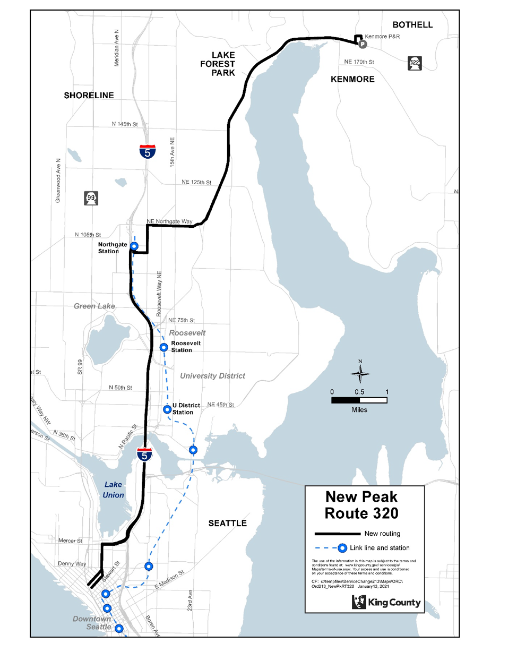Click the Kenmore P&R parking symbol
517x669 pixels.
tap(363, 44)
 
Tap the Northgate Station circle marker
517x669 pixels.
tap(134, 246)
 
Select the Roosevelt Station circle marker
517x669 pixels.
tap(163, 347)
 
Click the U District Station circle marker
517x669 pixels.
tap(167, 409)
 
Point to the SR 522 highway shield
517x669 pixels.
tap(415, 63)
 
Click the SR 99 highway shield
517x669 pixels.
tap(91, 198)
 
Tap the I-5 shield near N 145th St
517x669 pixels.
tap(148, 152)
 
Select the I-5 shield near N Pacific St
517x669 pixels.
tap(144, 454)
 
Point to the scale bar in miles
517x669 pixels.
tap(359, 400)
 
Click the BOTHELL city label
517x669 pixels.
tap(412, 25)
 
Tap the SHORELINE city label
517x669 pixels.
tap(89, 96)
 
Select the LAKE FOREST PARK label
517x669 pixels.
tap(218, 64)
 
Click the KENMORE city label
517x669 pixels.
tap(352, 79)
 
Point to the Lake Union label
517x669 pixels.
tap(113, 490)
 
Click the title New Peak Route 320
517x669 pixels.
tap(361, 505)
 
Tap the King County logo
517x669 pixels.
tap(386, 602)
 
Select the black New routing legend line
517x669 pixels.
tap(337, 534)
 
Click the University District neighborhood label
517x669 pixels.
tap(212, 376)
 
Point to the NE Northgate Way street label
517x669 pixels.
tap(169, 221)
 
